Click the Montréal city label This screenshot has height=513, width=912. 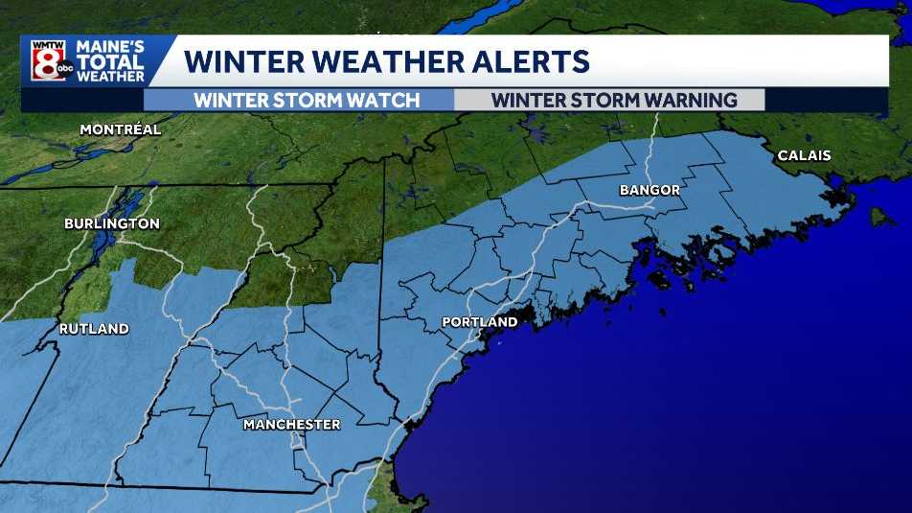coord(120,129)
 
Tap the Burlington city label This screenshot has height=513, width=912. coord(111,223)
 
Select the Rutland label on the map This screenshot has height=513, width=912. coord(94,329)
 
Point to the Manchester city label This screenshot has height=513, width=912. coord(291,424)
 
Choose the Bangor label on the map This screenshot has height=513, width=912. coord(650,190)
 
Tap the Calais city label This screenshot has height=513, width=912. coord(804,154)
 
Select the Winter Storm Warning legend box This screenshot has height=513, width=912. coord(609,100)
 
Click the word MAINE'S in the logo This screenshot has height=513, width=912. coord(110,46)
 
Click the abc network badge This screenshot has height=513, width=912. coord(64,70)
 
